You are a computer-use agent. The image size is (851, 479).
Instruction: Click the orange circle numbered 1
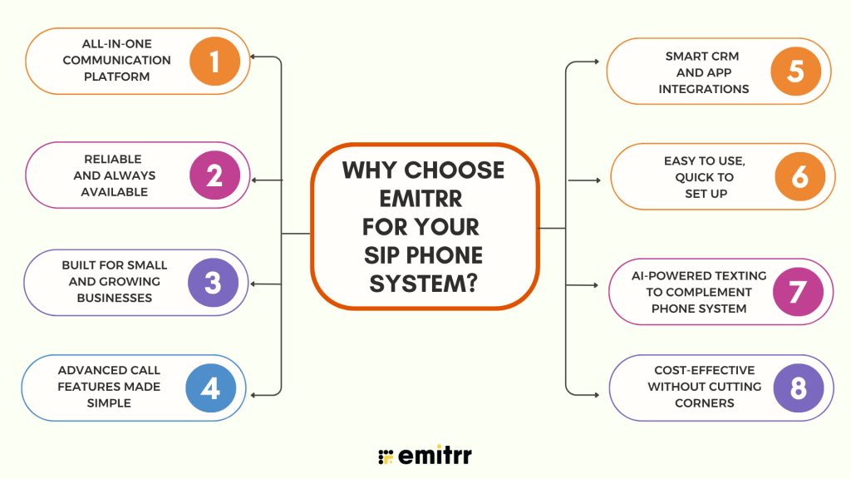[x=215, y=62]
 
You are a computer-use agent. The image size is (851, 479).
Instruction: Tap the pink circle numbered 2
[x=215, y=175]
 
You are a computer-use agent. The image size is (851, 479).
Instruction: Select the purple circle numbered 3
[x=214, y=283]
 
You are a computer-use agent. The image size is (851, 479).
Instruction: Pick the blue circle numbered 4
[x=211, y=388]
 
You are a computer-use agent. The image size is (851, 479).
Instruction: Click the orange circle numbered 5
[x=796, y=72]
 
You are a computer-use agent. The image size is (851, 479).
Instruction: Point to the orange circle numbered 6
[x=800, y=176]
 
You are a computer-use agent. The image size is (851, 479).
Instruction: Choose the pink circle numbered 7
[x=799, y=292]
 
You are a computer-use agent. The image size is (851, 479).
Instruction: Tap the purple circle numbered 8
[x=799, y=388]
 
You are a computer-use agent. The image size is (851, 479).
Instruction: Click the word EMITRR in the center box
[x=421, y=199]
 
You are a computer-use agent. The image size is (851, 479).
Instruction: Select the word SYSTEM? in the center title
[x=423, y=284]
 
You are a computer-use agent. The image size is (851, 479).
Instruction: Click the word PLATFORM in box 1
[x=116, y=77]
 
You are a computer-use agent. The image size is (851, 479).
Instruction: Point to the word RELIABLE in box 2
[x=113, y=159]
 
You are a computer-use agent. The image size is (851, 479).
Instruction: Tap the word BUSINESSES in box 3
[x=115, y=299]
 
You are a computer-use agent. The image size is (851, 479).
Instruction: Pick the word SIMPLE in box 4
[x=109, y=403]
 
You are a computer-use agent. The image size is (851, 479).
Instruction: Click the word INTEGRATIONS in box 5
[x=704, y=89]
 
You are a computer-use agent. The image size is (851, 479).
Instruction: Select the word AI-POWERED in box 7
[x=671, y=276]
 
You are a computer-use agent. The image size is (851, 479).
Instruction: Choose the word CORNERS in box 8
[x=705, y=403]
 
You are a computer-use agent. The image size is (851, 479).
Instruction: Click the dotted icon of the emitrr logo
[x=386, y=457]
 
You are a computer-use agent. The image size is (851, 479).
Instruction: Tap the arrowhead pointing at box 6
[x=598, y=180]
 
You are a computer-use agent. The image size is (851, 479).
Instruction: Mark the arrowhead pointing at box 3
[x=253, y=284]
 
